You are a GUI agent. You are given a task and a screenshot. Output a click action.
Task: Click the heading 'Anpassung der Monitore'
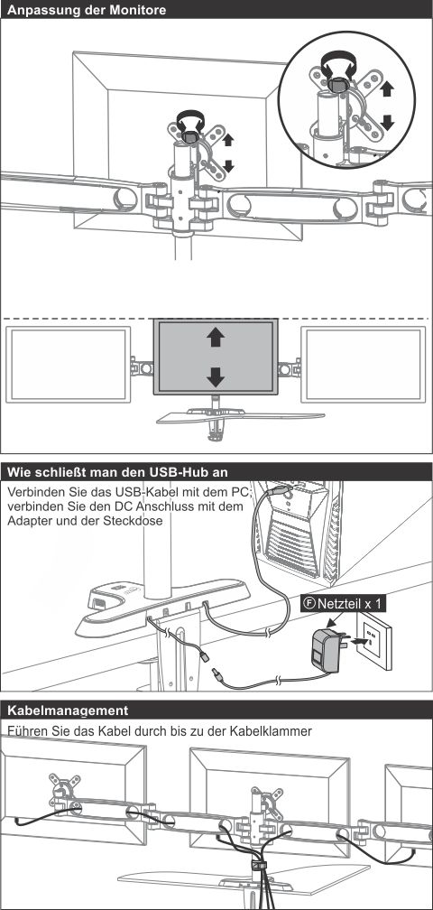click(x=87, y=10)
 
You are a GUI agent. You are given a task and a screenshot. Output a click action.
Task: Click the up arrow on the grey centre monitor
click(x=216, y=338)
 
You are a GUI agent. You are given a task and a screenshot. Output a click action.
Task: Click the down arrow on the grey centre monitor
click(x=216, y=377)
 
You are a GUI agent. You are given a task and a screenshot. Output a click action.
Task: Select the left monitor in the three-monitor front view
click(x=69, y=365)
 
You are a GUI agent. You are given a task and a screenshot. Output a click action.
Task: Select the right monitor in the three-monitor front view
click(x=364, y=365)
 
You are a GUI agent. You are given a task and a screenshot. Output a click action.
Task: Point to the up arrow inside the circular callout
click(x=388, y=88)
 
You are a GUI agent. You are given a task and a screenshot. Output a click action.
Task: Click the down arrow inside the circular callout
click(x=388, y=122)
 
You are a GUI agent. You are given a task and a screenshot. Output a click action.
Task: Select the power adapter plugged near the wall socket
click(x=325, y=650)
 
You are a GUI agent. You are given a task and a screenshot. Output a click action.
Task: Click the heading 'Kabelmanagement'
click(x=68, y=710)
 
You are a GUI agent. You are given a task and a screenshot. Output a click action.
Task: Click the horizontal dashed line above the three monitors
click(x=216, y=319)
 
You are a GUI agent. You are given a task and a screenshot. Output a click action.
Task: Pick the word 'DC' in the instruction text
click(x=123, y=506)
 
